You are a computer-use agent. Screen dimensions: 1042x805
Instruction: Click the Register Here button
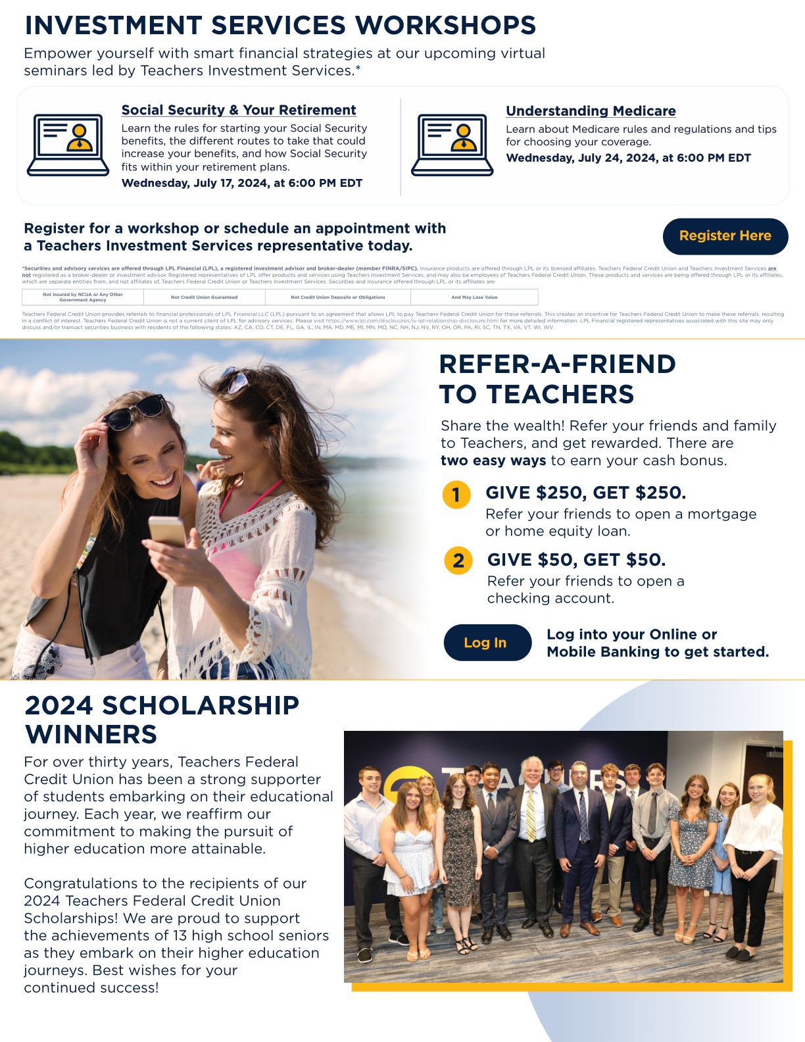click(725, 236)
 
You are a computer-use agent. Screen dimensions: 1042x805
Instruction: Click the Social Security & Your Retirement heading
click(239, 111)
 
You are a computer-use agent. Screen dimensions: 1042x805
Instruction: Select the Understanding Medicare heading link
click(591, 111)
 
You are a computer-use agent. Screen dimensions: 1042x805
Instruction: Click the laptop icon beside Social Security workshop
click(68, 145)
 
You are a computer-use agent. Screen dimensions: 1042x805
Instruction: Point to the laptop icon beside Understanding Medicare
click(452, 145)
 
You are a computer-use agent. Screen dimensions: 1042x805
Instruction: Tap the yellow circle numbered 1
click(456, 495)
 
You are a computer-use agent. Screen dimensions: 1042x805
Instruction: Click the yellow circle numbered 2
click(458, 561)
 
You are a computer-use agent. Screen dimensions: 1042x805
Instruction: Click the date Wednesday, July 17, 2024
click(195, 184)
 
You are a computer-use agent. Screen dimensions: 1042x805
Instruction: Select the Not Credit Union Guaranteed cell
click(205, 297)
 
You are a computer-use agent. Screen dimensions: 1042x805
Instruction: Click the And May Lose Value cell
click(474, 297)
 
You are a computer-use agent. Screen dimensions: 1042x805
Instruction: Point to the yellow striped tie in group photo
click(531, 816)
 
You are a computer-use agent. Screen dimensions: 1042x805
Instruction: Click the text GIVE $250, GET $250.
click(585, 493)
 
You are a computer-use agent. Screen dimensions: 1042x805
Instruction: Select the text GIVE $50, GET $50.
click(576, 560)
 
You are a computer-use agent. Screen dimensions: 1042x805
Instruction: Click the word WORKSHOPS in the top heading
click(445, 26)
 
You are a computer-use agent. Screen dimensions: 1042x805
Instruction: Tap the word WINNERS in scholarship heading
click(91, 734)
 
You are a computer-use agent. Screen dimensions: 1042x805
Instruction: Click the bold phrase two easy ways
click(493, 460)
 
